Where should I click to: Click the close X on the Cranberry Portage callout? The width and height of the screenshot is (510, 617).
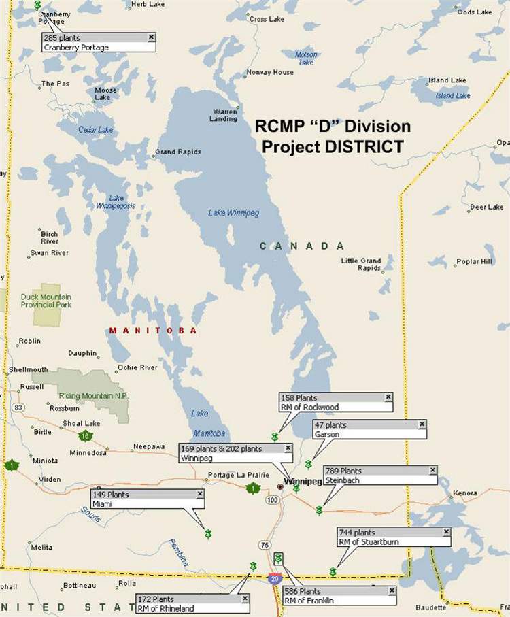[151, 37]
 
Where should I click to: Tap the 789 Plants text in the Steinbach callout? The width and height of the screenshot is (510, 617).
[343, 471]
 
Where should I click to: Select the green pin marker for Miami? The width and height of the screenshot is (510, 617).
[208, 534]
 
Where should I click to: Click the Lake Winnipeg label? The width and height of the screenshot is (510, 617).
[233, 213]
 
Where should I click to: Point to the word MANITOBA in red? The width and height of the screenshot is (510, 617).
[153, 331]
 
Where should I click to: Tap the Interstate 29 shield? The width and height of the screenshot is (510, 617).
[274, 578]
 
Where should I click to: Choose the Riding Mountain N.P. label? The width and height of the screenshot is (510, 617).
[93, 396]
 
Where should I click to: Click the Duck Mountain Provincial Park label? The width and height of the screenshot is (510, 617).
[46, 301]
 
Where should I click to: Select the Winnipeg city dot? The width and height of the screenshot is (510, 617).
[280, 486]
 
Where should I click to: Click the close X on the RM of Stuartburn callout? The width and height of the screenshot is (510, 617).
[446, 532]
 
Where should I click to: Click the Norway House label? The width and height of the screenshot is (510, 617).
[269, 72]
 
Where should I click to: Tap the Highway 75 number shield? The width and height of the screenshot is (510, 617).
[264, 545]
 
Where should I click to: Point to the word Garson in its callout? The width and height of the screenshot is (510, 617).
[326, 434]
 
